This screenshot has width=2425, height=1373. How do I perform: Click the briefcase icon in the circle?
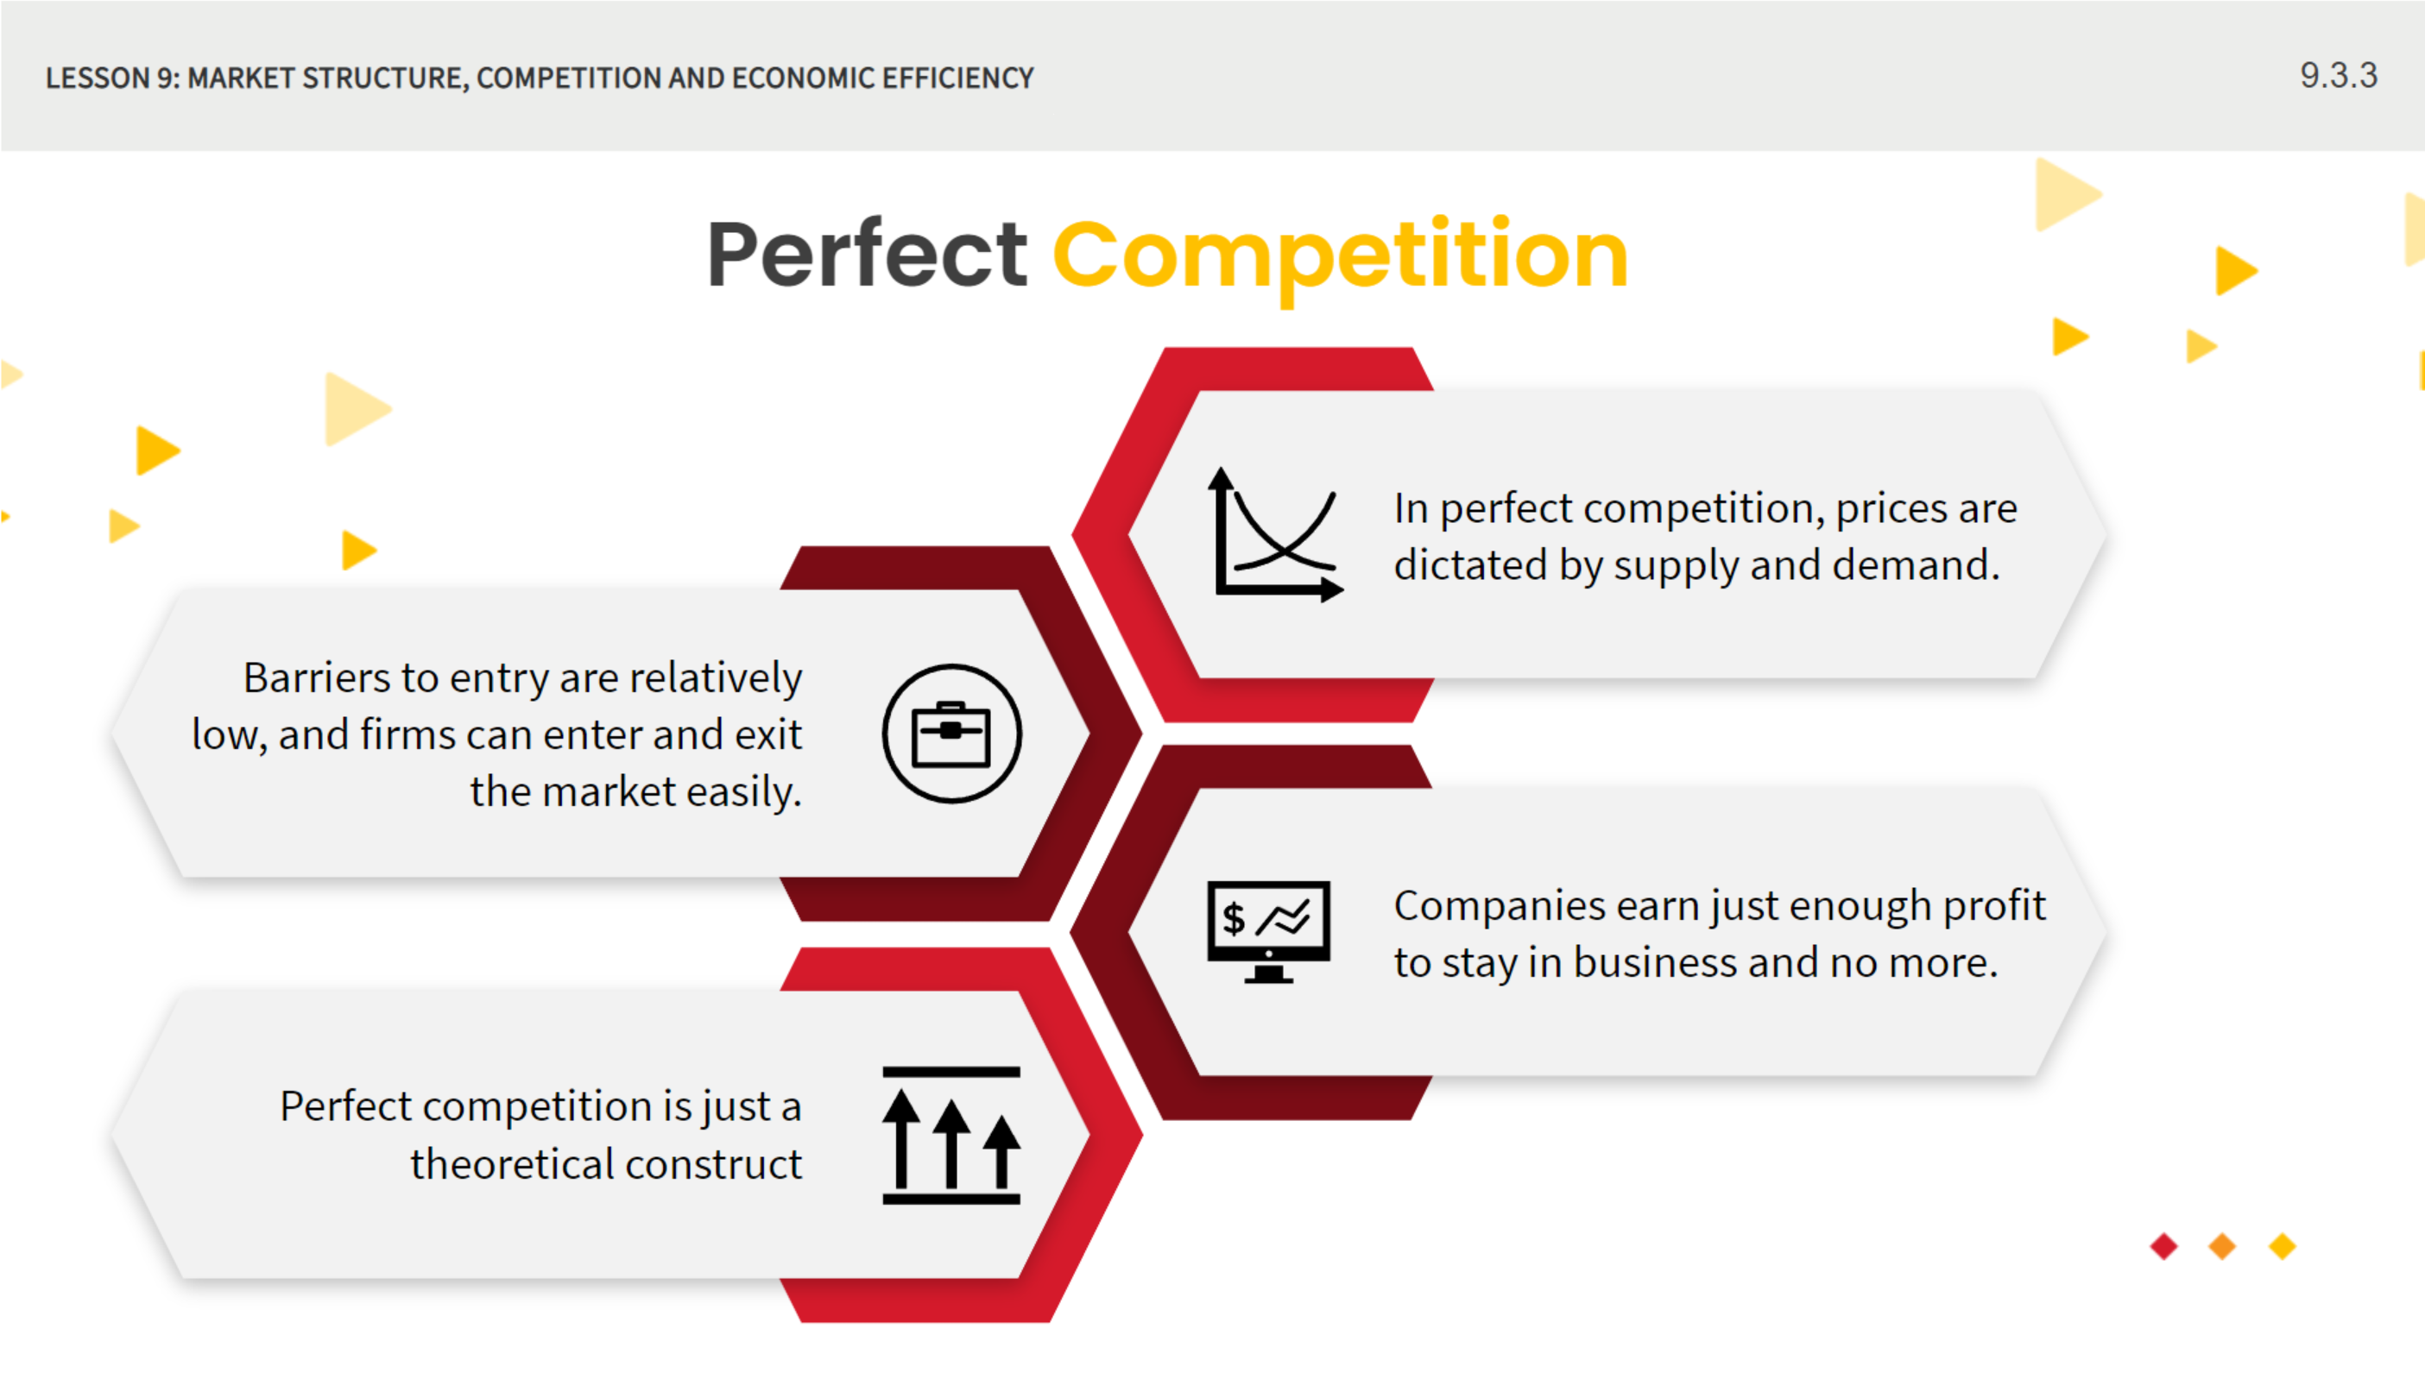951,734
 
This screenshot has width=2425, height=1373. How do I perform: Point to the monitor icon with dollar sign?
1269,932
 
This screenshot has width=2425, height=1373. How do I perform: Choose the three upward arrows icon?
950,1136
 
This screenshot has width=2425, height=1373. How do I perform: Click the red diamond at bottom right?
2163,1247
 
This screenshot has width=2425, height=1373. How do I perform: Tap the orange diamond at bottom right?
2222,1247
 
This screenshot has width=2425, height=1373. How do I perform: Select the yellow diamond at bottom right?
2282,1247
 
